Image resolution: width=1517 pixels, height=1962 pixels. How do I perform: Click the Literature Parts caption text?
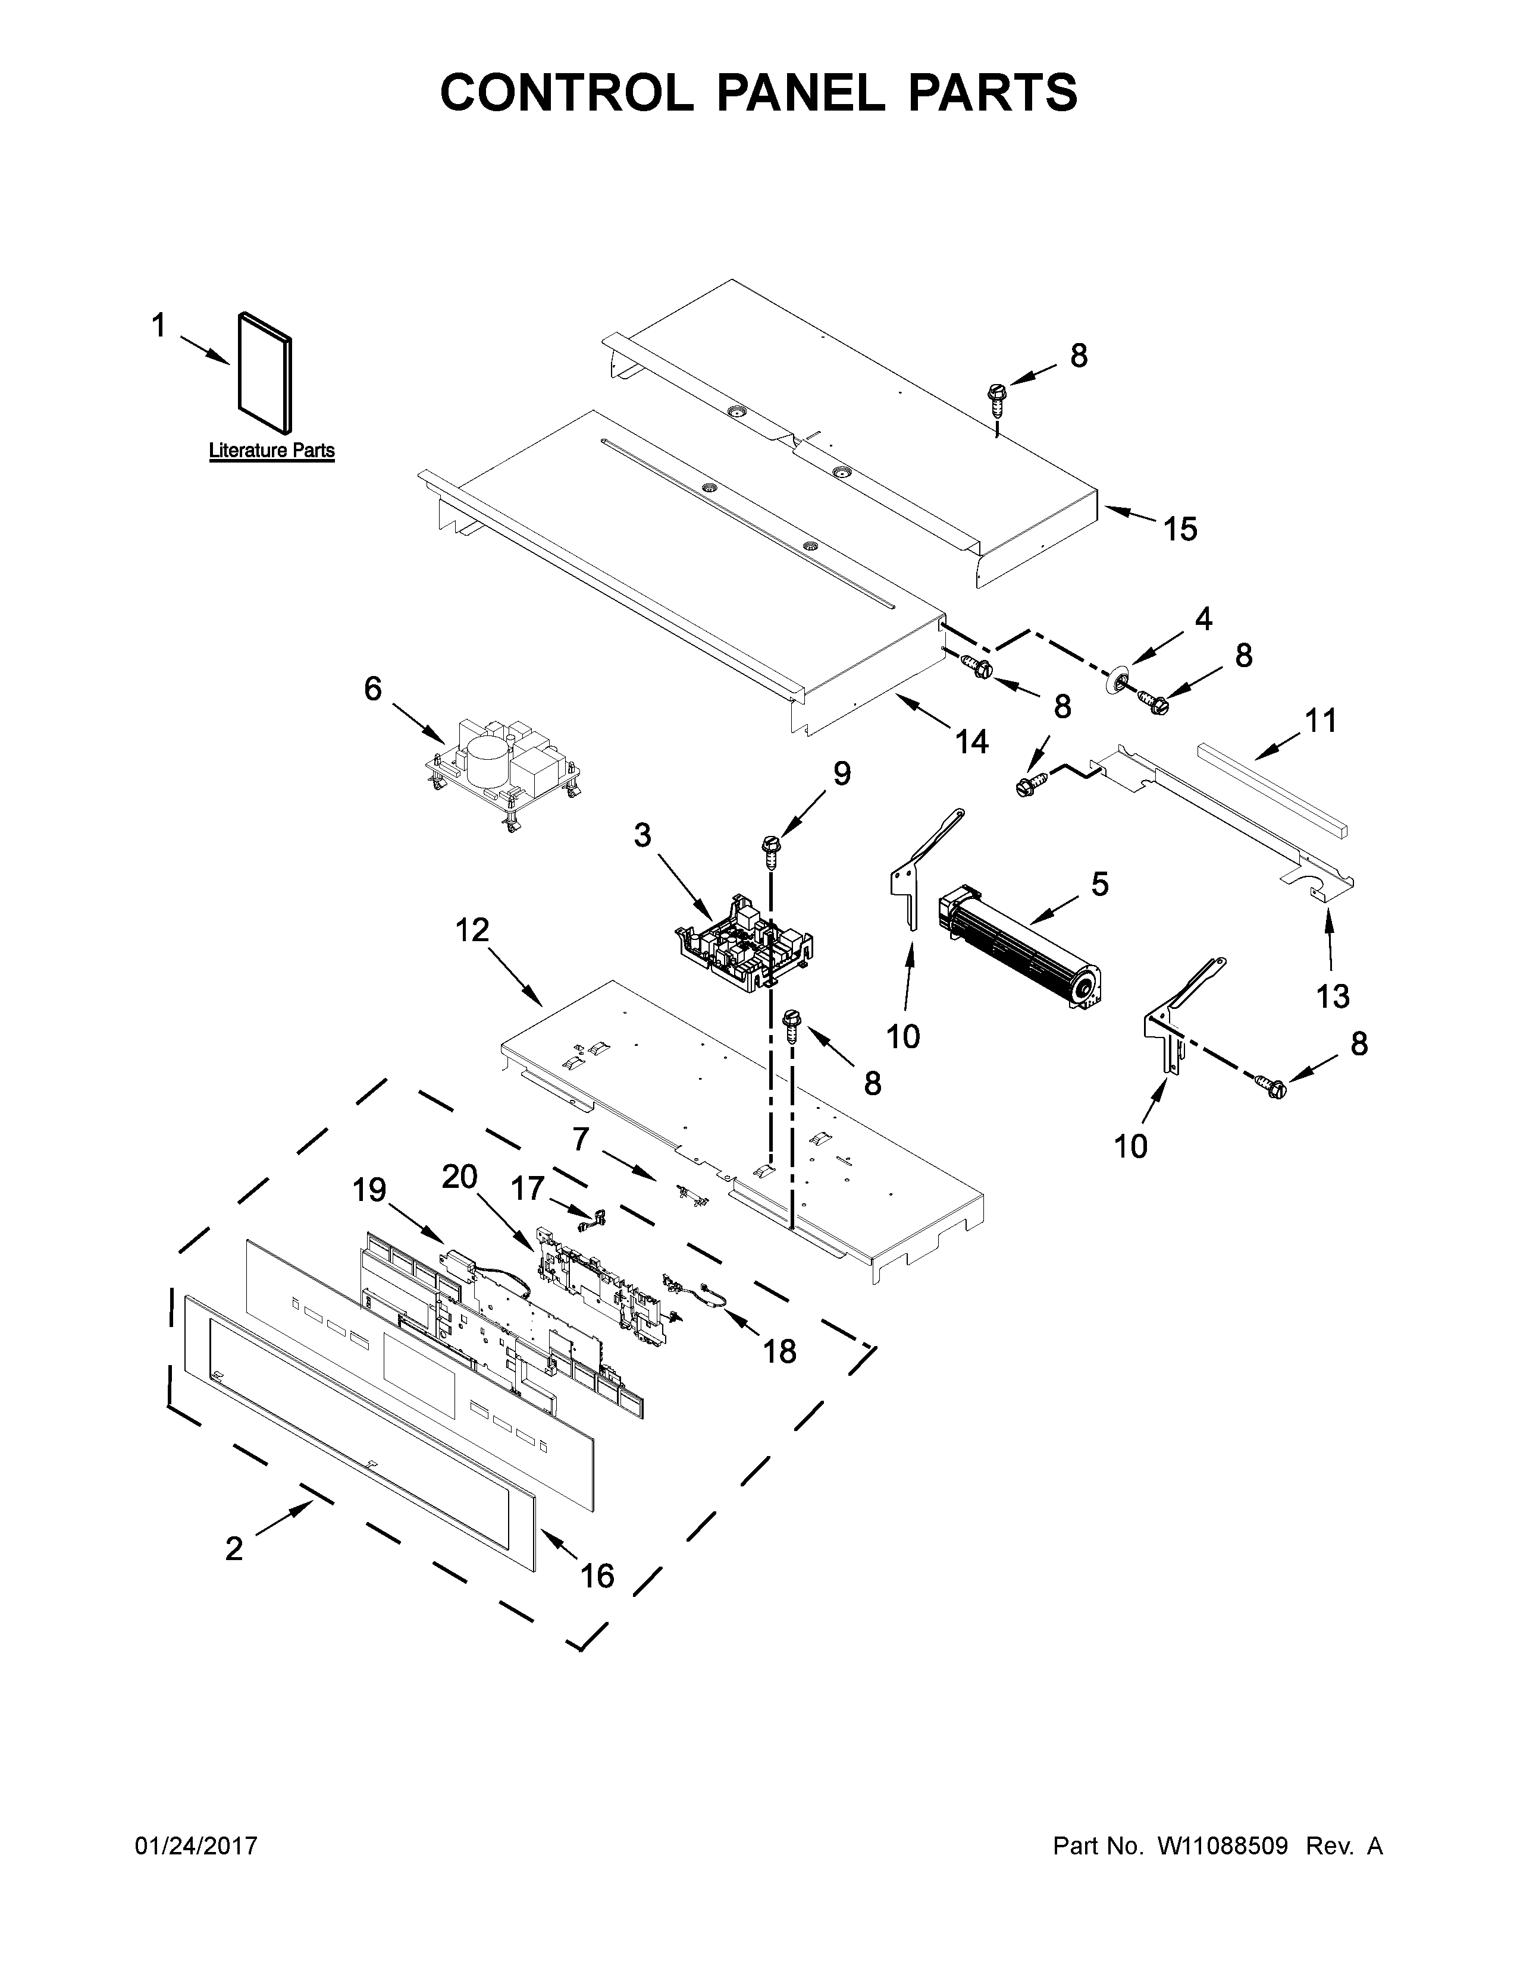click(x=271, y=451)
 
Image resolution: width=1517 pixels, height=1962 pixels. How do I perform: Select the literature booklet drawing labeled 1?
click(x=265, y=371)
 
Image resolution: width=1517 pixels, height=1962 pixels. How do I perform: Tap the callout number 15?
click(x=1180, y=529)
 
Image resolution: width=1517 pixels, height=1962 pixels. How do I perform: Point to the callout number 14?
click(x=971, y=741)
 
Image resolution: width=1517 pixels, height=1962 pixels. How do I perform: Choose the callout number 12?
click(x=471, y=930)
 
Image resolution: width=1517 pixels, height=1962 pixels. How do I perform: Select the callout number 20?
click(x=459, y=1176)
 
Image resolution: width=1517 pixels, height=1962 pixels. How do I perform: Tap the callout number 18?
click(x=779, y=1351)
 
